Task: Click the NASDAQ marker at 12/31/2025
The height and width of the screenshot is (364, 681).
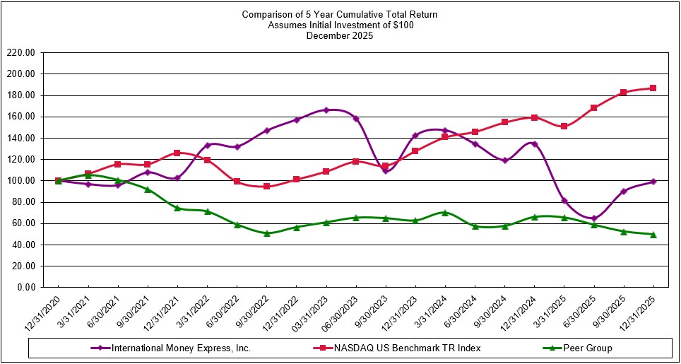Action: (x=653, y=88)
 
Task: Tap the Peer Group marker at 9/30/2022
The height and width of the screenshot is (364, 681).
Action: (x=266, y=233)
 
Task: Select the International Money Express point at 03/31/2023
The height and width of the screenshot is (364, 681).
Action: (x=326, y=110)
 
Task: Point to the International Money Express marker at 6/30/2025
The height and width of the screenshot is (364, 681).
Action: (x=593, y=218)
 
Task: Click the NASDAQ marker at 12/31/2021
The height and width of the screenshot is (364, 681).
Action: (x=177, y=153)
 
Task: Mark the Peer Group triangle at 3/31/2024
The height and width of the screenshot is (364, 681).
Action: (x=444, y=212)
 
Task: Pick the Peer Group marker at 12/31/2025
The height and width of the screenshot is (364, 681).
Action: (x=653, y=235)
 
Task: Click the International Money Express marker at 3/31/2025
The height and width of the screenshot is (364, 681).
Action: (x=564, y=201)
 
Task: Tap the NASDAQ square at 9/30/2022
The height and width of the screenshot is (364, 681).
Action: (x=266, y=187)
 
